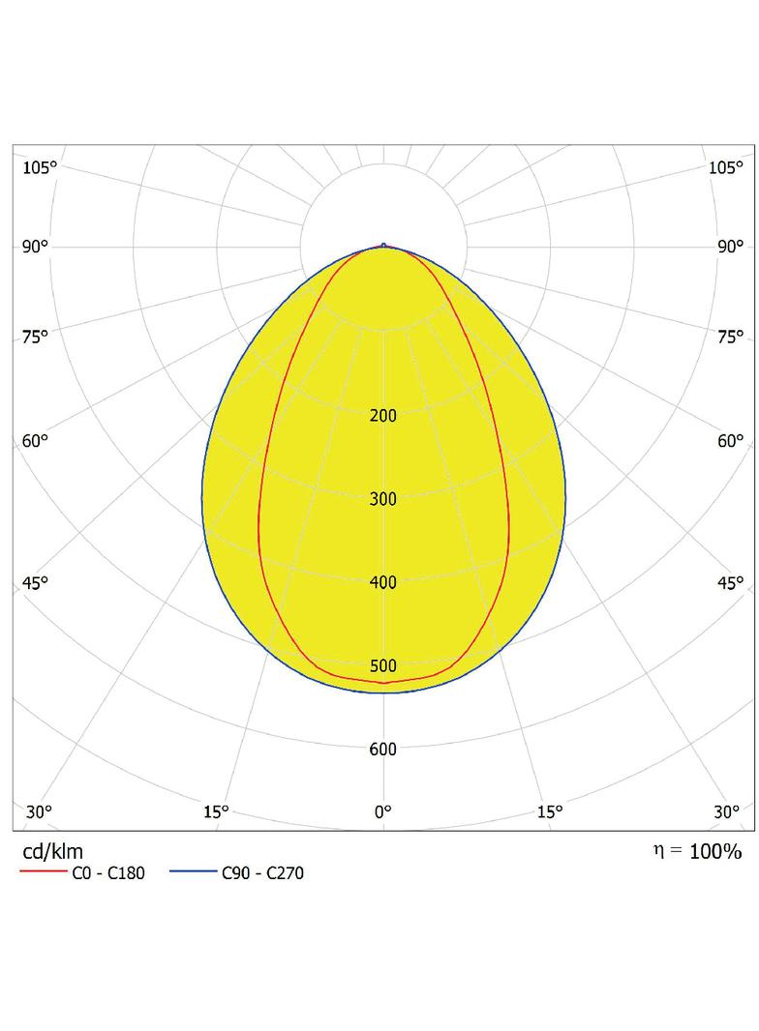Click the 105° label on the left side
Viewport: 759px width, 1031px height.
(40, 167)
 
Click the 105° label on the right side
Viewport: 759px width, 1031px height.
(725, 167)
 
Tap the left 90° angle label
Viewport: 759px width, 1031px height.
(36, 247)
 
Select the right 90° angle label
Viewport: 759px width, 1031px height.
(730, 247)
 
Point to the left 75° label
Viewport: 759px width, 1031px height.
(36, 337)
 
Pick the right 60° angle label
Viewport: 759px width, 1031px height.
(730, 440)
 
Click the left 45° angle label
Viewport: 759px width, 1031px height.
(36, 582)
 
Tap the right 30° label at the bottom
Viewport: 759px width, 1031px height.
(727, 812)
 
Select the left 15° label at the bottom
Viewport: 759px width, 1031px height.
(216, 812)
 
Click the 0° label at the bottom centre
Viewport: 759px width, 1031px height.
(383, 812)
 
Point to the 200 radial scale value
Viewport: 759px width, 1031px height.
(383, 416)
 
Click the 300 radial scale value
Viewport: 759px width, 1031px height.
(383, 499)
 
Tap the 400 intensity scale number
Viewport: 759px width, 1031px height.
(383, 582)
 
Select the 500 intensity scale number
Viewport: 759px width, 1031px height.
(383, 666)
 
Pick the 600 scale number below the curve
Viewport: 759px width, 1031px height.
(383, 750)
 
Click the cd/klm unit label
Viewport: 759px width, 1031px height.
(52, 851)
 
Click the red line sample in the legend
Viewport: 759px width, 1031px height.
(44, 871)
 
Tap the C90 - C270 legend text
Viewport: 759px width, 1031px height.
(262, 873)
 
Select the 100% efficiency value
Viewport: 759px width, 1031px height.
(715, 851)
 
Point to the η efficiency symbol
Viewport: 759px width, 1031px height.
(658, 851)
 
